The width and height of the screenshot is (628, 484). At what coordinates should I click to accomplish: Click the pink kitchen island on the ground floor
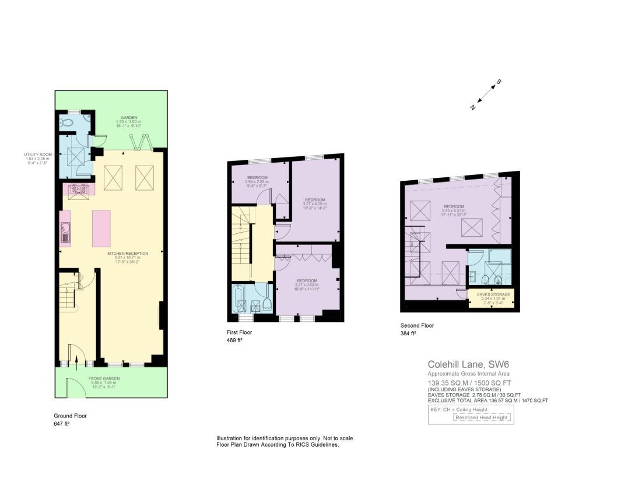point(101,228)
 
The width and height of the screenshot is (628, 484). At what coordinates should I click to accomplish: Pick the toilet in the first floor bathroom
point(267,304)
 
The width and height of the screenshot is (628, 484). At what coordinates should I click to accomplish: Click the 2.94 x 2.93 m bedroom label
point(257,180)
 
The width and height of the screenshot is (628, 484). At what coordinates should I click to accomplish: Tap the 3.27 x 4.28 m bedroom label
point(315,203)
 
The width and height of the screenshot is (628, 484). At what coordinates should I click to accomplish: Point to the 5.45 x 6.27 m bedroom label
point(454,209)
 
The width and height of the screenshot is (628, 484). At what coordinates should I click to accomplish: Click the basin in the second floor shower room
point(472,276)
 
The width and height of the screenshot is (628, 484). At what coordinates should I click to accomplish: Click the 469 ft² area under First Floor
point(234,340)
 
